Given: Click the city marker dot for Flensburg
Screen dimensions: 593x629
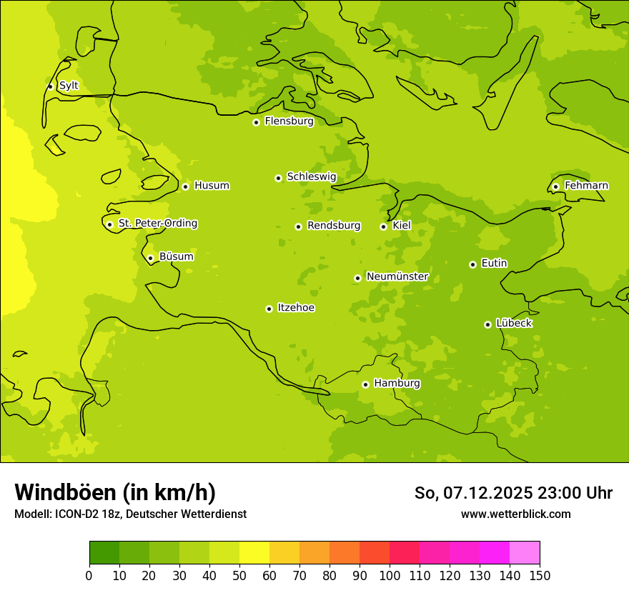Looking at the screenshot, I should [256, 122].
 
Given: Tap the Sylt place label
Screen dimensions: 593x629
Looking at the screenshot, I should [69, 86].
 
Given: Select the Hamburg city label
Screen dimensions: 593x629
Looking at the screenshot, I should [397, 384].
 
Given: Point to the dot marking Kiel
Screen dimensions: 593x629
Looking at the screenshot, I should [383, 226].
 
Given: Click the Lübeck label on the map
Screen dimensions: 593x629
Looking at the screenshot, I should [514, 324].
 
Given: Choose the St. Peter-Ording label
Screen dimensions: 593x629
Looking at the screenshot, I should [157, 224].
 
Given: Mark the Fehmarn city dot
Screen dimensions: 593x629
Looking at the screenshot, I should [555, 186].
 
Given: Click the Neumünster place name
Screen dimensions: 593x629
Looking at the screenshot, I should [397, 276].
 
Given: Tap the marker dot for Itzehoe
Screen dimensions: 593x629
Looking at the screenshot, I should [269, 309].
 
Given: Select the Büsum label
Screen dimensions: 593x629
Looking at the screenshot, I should [176, 256].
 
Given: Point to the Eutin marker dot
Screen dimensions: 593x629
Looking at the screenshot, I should [472, 264].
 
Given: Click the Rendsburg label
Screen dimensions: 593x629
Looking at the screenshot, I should [334, 226].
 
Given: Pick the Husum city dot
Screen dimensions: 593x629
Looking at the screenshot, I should [185, 186].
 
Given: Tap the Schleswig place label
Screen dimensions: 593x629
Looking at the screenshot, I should [311, 176].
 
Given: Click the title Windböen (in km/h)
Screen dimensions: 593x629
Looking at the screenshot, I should [115, 492].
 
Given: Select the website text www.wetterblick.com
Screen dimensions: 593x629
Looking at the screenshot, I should [515, 514].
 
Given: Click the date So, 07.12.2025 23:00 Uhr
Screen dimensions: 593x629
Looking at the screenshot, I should [513, 493].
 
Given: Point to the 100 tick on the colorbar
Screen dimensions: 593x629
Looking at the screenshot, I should [390, 575].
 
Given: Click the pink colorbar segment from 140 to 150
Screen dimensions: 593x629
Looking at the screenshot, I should [525, 553].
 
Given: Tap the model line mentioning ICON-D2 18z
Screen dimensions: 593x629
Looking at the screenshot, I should [130, 514].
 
